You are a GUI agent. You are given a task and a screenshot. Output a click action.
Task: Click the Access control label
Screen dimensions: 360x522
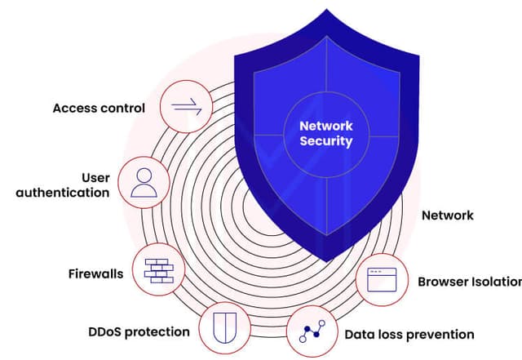tap(99, 108)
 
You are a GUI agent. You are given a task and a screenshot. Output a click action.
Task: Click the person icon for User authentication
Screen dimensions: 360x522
tap(144, 183)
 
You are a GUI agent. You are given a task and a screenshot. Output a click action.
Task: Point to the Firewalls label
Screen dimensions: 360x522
tap(95, 273)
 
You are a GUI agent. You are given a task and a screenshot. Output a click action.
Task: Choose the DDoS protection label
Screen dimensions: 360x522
tap(139, 332)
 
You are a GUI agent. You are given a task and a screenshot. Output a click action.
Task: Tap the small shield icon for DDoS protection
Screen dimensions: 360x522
tap(222, 329)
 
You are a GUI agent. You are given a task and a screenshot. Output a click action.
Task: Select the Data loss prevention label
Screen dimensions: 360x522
tap(409, 334)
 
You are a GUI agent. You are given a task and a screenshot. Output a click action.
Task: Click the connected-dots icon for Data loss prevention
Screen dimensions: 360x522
tap(313, 332)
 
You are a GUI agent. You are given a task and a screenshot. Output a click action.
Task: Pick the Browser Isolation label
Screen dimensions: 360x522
tap(470, 282)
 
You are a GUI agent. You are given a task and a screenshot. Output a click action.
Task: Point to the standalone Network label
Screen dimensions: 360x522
tap(447, 216)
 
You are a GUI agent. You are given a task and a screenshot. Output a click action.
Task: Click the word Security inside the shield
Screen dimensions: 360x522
tap(326, 141)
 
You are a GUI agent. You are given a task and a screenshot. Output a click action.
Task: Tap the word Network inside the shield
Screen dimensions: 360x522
tap(326, 127)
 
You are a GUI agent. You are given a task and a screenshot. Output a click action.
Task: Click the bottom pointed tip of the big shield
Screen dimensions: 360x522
tap(327, 260)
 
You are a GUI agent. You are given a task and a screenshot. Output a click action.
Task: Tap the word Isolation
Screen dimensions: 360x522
tap(495, 282)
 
